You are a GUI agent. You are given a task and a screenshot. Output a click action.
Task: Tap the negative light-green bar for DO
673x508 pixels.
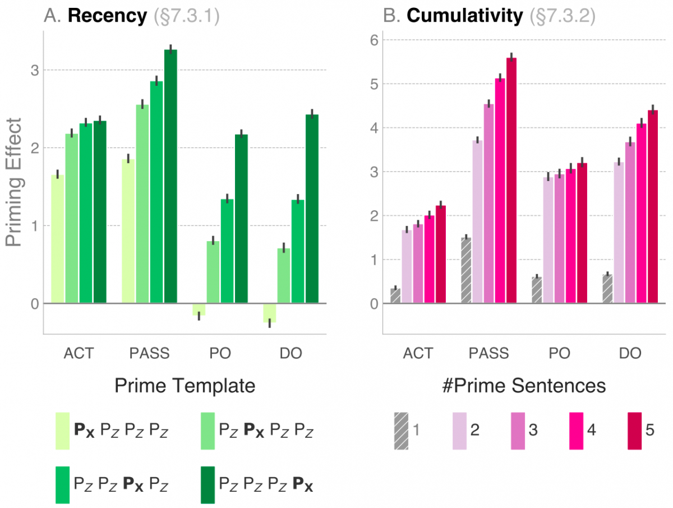click(270, 313)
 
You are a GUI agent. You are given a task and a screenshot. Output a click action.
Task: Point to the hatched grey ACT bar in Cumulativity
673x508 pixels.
click(395, 296)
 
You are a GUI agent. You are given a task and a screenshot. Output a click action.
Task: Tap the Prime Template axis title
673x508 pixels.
click(185, 386)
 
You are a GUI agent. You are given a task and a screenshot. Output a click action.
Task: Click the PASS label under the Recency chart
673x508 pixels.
click(149, 353)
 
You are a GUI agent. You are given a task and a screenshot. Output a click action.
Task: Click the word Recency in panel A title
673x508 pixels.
click(107, 16)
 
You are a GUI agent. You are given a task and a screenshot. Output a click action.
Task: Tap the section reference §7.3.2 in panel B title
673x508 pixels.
click(562, 16)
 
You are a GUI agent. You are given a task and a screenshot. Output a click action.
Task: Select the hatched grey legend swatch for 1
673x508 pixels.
click(401, 431)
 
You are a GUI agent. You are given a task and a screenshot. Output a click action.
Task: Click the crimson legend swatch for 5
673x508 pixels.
click(634, 431)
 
